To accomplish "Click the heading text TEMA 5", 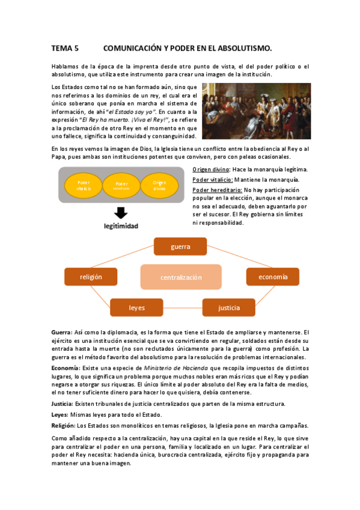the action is click(65, 48).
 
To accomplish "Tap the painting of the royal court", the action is click(256, 111).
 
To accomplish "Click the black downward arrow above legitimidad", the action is click(120, 213).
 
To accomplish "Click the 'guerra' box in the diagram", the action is click(180, 247).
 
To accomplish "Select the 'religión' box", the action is click(91, 277).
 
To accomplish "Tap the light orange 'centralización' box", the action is click(181, 277).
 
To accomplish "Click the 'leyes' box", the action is click(136, 307).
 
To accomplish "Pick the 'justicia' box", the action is click(228, 307).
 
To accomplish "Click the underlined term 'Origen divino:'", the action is click(211, 170).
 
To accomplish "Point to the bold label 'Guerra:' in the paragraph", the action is click(61, 332).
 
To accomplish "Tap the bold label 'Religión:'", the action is click(64, 425).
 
